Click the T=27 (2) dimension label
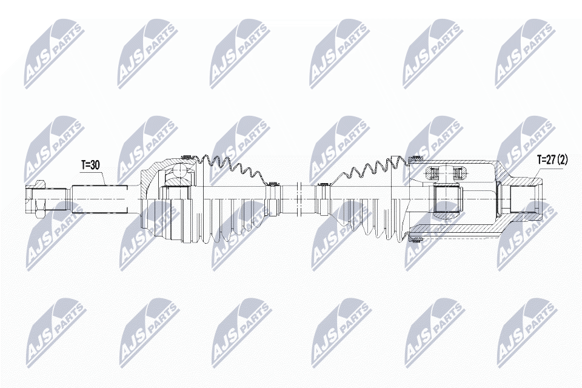point(552,160)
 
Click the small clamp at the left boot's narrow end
point(271,182)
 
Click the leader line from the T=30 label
point(104,176)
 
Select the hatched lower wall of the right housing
point(461,233)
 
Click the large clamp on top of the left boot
point(186,155)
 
